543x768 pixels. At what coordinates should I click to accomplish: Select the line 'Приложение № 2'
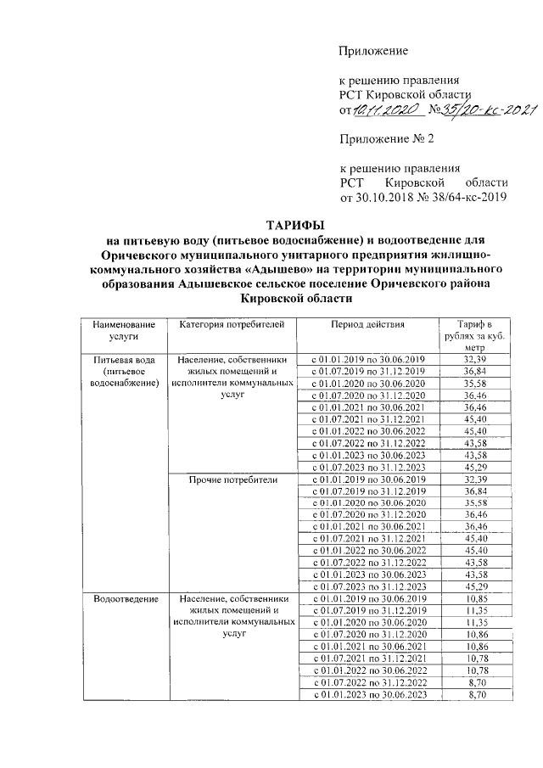tap(383, 139)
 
